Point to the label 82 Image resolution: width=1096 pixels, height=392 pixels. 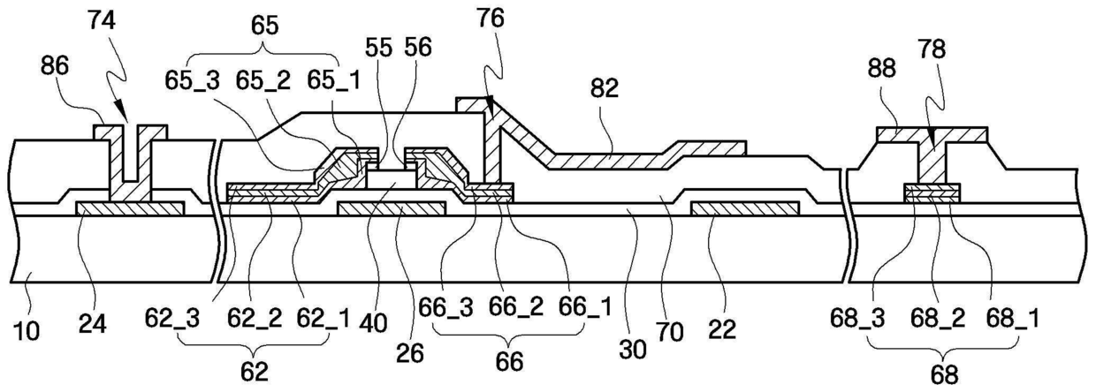tap(609, 89)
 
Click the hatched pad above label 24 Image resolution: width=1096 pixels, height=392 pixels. tap(130, 207)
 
